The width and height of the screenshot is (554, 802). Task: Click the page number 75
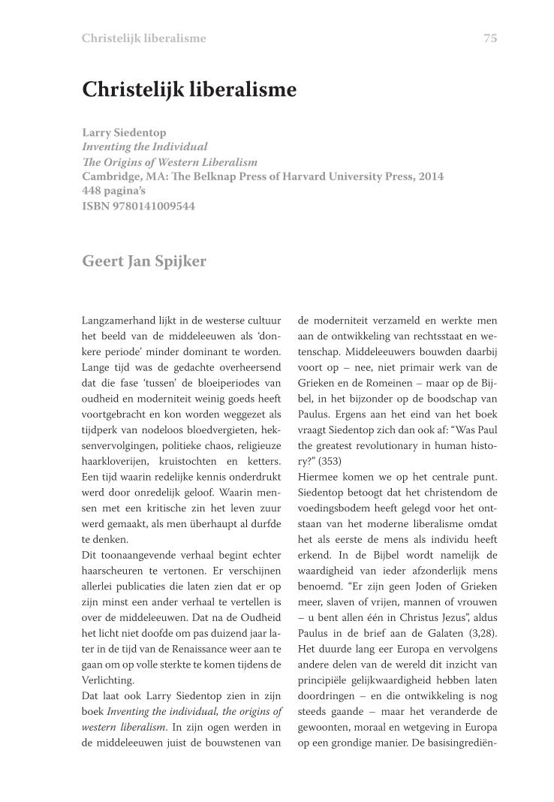tap(490, 38)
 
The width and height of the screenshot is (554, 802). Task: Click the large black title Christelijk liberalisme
tap(189, 90)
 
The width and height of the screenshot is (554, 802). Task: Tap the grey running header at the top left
tap(143, 38)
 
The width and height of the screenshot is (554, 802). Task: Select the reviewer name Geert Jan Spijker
tap(143, 261)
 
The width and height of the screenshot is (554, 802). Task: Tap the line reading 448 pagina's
tap(114, 191)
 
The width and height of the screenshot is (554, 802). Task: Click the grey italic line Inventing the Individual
tap(145, 146)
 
